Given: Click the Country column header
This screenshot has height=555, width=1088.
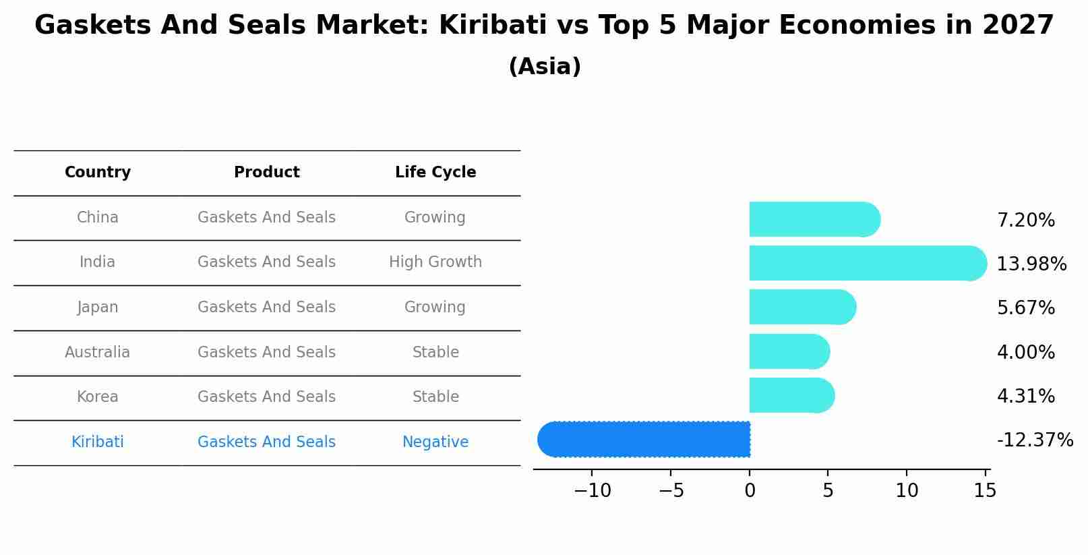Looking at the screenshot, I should [x=98, y=173].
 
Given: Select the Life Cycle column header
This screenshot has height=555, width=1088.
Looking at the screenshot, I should [x=435, y=173].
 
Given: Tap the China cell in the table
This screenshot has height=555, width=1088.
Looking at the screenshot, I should [x=98, y=218].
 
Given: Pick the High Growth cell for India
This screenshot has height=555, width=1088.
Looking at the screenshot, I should [x=435, y=262].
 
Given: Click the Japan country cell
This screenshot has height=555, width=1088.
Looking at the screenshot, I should [x=98, y=308].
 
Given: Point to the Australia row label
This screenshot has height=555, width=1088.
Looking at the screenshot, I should [x=98, y=353].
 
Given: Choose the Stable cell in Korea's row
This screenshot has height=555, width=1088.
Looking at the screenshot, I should [x=435, y=397].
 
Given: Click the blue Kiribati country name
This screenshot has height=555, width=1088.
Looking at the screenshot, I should [x=98, y=442].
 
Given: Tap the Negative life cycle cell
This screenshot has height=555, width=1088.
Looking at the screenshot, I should [x=435, y=442].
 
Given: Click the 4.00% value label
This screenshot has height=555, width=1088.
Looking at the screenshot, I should [x=1025, y=353].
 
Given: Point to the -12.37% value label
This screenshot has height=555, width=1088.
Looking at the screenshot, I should [x=1035, y=440].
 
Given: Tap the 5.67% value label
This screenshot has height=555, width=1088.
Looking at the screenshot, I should [x=1025, y=308].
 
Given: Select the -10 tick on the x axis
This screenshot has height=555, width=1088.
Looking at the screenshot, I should [x=593, y=491].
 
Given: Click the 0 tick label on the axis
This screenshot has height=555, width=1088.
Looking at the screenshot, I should [x=750, y=491].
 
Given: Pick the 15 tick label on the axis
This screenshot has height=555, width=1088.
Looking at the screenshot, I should [x=985, y=491].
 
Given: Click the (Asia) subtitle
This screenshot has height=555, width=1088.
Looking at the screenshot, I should [x=545, y=67].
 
